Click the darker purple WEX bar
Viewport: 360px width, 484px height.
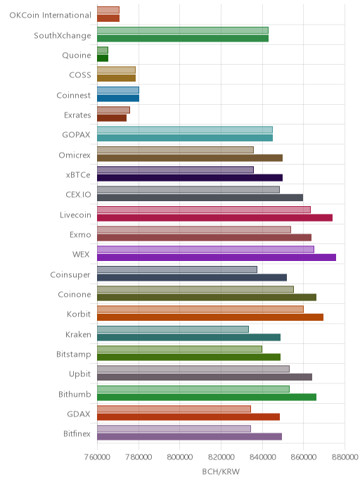[217, 257]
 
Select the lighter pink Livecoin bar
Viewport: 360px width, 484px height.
[204, 210]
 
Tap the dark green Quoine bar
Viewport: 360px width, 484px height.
[103, 58]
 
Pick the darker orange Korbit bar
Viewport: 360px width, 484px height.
[210, 317]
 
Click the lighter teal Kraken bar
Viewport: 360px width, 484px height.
[173, 329]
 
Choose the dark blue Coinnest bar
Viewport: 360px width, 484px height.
[118, 98]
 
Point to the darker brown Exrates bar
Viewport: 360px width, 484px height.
[112, 118]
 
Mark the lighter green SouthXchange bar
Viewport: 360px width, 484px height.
[183, 30]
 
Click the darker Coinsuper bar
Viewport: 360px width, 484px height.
[192, 277]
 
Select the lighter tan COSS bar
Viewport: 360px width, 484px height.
[116, 70]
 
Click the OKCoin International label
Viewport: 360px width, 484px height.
[51, 15]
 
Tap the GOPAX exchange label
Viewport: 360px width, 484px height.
[76, 135]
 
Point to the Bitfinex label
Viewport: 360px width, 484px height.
[77, 433]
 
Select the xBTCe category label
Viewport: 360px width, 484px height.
[78, 174]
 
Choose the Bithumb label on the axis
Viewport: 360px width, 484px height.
[75, 394]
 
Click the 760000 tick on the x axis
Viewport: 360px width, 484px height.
[97, 457]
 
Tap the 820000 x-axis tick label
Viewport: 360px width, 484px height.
[221, 457]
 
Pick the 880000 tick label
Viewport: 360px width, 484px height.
[345, 457]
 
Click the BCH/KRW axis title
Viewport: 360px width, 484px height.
[221, 471]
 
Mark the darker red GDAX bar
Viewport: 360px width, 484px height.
[188, 416]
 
